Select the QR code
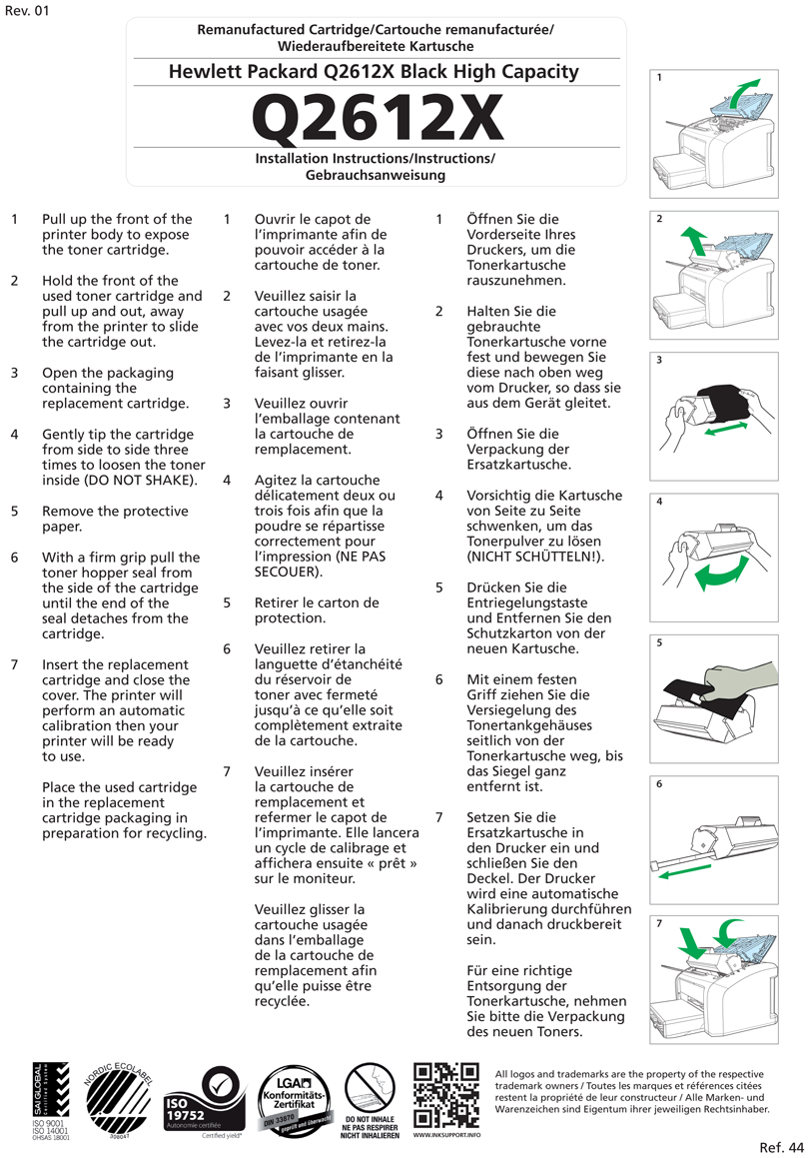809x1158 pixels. click(x=445, y=1096)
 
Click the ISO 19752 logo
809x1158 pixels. click(x=202, y=1103)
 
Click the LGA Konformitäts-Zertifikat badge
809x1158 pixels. click(x=291, y=1099)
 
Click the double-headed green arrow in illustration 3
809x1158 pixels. click(x=740, y=428)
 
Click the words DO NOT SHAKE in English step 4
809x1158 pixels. click(x=147, y=481)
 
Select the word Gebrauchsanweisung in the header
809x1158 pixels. click(x=376, y=175)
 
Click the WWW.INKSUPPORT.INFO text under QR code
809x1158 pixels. click(x=445, y=1136)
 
